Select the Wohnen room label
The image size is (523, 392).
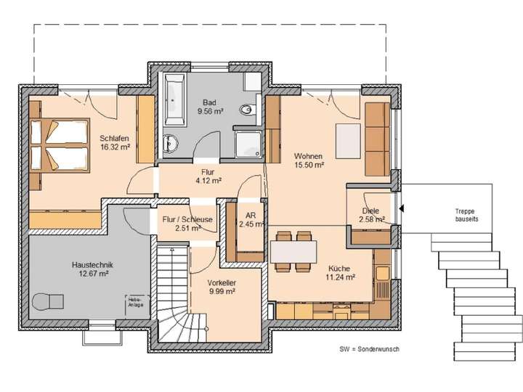308,156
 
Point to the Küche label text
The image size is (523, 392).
340,266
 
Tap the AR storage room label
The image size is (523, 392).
250,216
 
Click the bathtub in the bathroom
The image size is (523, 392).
176,98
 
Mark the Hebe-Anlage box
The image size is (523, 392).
136,304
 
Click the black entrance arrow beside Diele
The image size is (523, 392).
402,208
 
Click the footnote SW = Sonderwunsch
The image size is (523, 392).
369,349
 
